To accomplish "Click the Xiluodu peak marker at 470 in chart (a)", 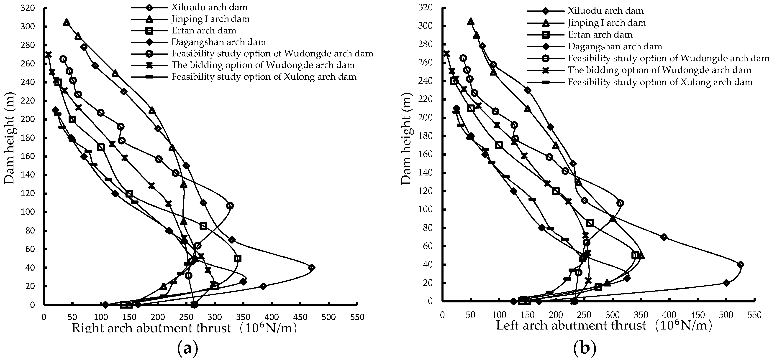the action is tap(311, 267).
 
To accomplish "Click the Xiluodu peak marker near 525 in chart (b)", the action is tap(741, 264).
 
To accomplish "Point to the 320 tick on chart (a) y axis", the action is tap(28, 8).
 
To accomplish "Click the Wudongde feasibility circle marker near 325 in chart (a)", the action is tap(230, 206).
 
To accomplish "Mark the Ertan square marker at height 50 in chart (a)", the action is tap(238, 258).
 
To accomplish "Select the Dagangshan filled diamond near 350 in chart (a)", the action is tap(243, 281).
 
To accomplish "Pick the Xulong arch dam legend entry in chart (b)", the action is tap(660, 82).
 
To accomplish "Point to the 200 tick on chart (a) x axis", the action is tap(158, 317).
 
